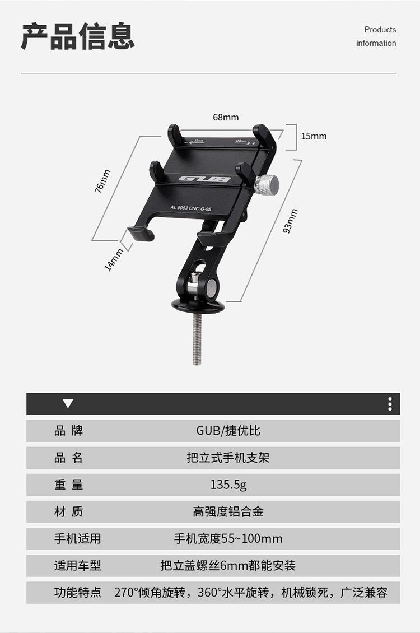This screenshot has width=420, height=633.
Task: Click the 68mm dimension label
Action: [226, 117]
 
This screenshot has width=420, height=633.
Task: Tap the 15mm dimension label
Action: [314, 136]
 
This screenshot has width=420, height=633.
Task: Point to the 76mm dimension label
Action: [102, 181]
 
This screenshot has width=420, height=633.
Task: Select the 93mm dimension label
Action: [290, 221]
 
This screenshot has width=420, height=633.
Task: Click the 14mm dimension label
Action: [115, 259]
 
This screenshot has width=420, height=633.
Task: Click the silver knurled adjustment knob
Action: [266, 184]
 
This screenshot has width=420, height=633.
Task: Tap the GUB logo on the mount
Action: [205, 179]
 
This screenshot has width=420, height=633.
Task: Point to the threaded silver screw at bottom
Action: [197, 339]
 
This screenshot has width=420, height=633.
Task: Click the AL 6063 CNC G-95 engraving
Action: [190, 208]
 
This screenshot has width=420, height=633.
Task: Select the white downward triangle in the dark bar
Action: [68, 403]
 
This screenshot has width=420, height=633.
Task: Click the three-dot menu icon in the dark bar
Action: [390, 404]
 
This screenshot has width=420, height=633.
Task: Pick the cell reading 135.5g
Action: [228, 485]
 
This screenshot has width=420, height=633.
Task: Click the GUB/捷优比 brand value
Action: [228, 431]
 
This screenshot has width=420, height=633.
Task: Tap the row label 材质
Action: [68, 511]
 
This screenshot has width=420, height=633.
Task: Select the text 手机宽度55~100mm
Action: [228, 539]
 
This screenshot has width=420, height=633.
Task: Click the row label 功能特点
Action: [77, 592]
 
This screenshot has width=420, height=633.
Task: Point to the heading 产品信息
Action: [78, 36]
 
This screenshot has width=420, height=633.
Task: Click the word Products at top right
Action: [380, 30]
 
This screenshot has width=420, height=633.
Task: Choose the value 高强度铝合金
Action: [228, 511]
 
